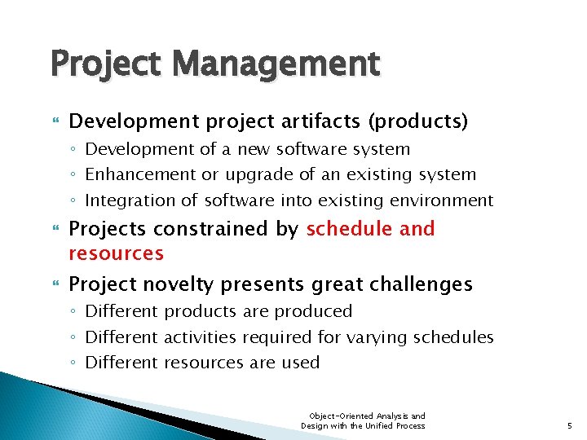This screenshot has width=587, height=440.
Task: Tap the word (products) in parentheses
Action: click(x=418, y=122)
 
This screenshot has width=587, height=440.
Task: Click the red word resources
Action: click(x=116, y=253)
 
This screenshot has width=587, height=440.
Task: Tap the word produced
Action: click(x=313, y=311)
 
